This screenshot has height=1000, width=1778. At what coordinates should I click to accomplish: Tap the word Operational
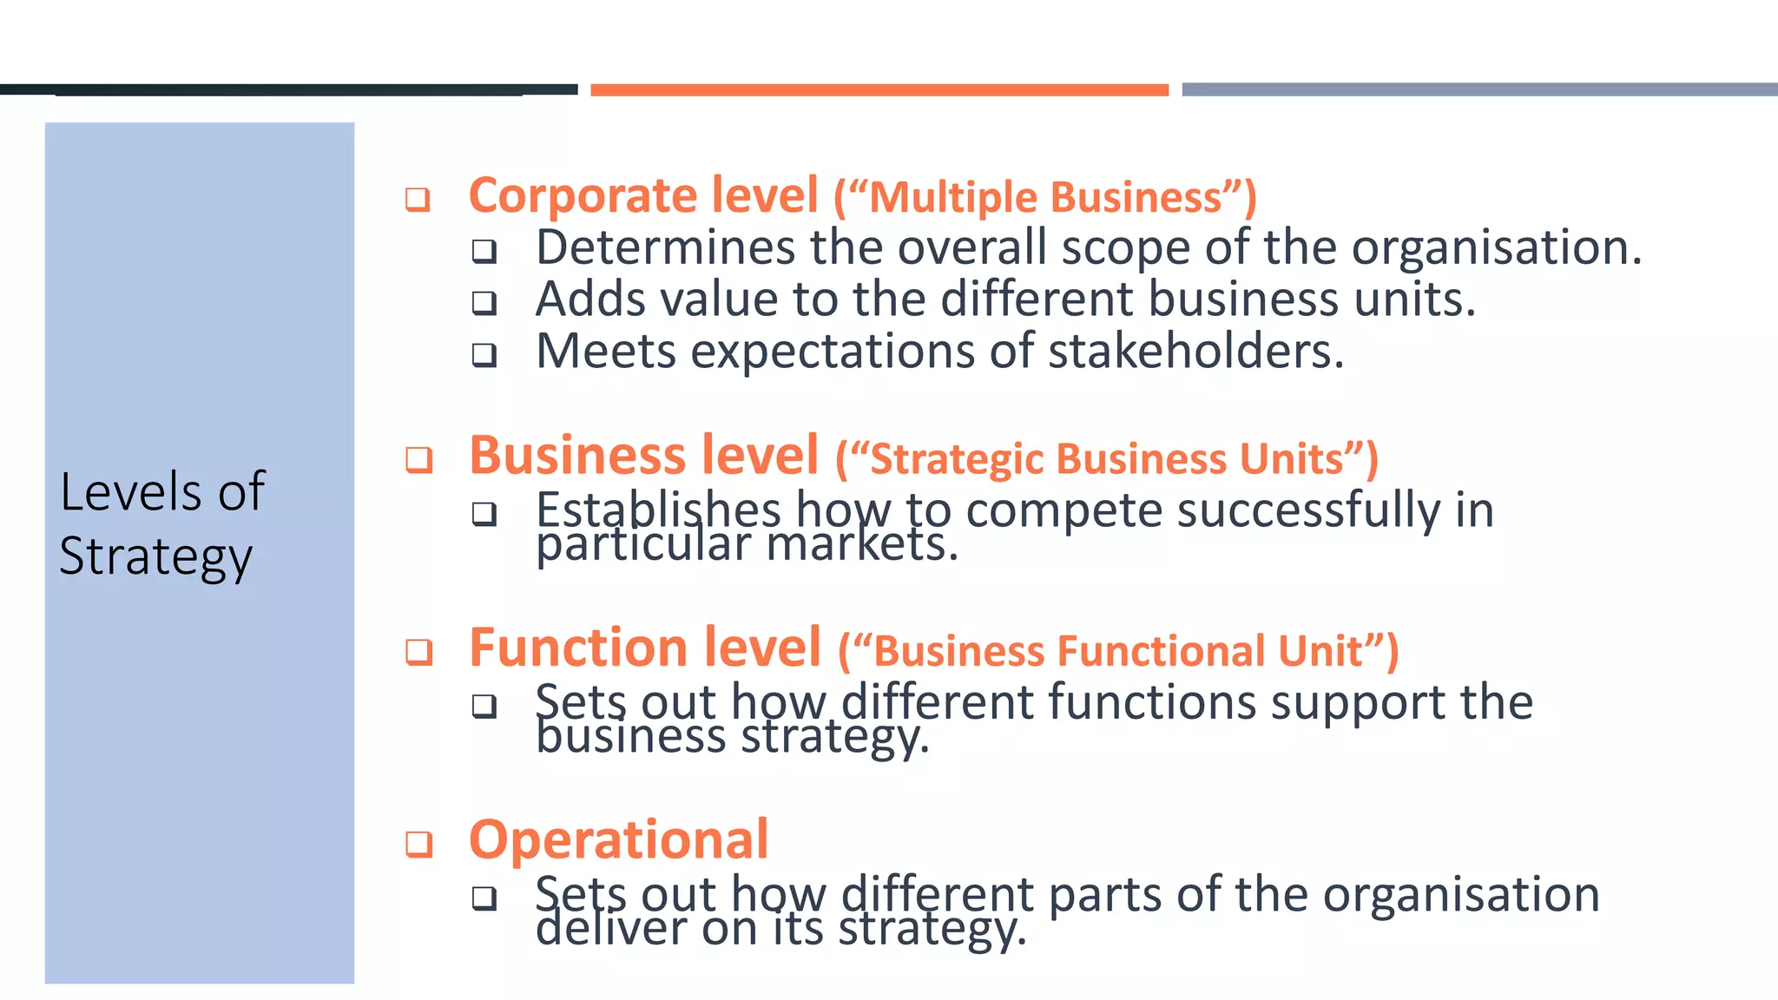click(x=618, y=840)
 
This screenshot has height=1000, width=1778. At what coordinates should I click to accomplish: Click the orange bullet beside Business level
click(x=419, y=459)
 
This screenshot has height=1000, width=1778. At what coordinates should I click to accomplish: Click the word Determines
click(x=664, y=247)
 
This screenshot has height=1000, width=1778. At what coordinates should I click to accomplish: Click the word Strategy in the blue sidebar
click(x=156, y=557)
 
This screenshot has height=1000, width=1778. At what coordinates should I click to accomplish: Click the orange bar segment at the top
click(x=879, y=90)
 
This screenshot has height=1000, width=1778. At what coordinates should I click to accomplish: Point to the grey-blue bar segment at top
click(x=1479, y=90)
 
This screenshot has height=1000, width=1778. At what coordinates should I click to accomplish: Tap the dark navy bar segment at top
click(x=289, y=89)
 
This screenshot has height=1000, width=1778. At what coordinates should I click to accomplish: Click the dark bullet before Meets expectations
click(x=484, y=355)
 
